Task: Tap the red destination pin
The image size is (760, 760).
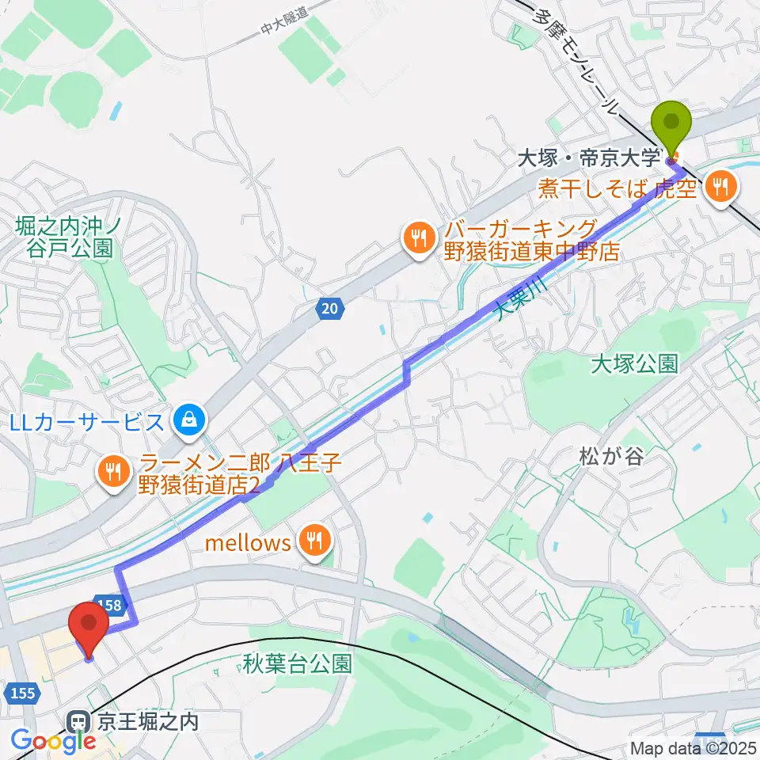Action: point(88,625)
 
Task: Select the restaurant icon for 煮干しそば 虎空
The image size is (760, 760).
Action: point(720,188)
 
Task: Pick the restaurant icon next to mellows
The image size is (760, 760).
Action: point(314,542)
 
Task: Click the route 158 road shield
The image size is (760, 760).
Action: point(112,606)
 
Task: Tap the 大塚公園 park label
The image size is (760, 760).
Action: point(634,364)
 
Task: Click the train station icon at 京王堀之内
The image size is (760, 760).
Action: point(78,722)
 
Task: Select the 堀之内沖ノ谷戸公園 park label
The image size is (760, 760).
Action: point(67,237)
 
